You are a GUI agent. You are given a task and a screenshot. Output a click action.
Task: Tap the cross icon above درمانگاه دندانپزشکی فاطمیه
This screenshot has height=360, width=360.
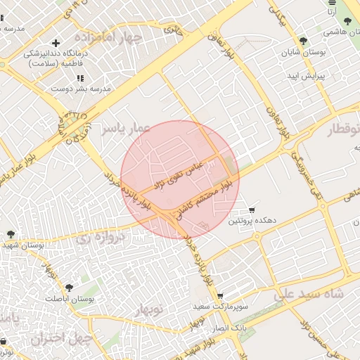tap(56, 44)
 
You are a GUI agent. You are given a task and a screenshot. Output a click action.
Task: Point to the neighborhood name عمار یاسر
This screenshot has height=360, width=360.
tap(125, 129)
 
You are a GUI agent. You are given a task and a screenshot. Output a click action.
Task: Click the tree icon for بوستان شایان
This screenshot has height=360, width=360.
tap(303, 41)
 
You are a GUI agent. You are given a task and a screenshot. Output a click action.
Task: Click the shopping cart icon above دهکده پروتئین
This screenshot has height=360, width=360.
tap(252, 210)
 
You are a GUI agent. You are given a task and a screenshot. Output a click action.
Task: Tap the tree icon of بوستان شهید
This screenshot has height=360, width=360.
tap(11, 234)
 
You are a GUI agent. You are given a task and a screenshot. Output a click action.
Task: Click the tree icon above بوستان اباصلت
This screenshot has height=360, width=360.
tap(69, 287)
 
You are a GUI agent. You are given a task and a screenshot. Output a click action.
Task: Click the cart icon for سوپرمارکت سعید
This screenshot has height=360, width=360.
tap(220, 296)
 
